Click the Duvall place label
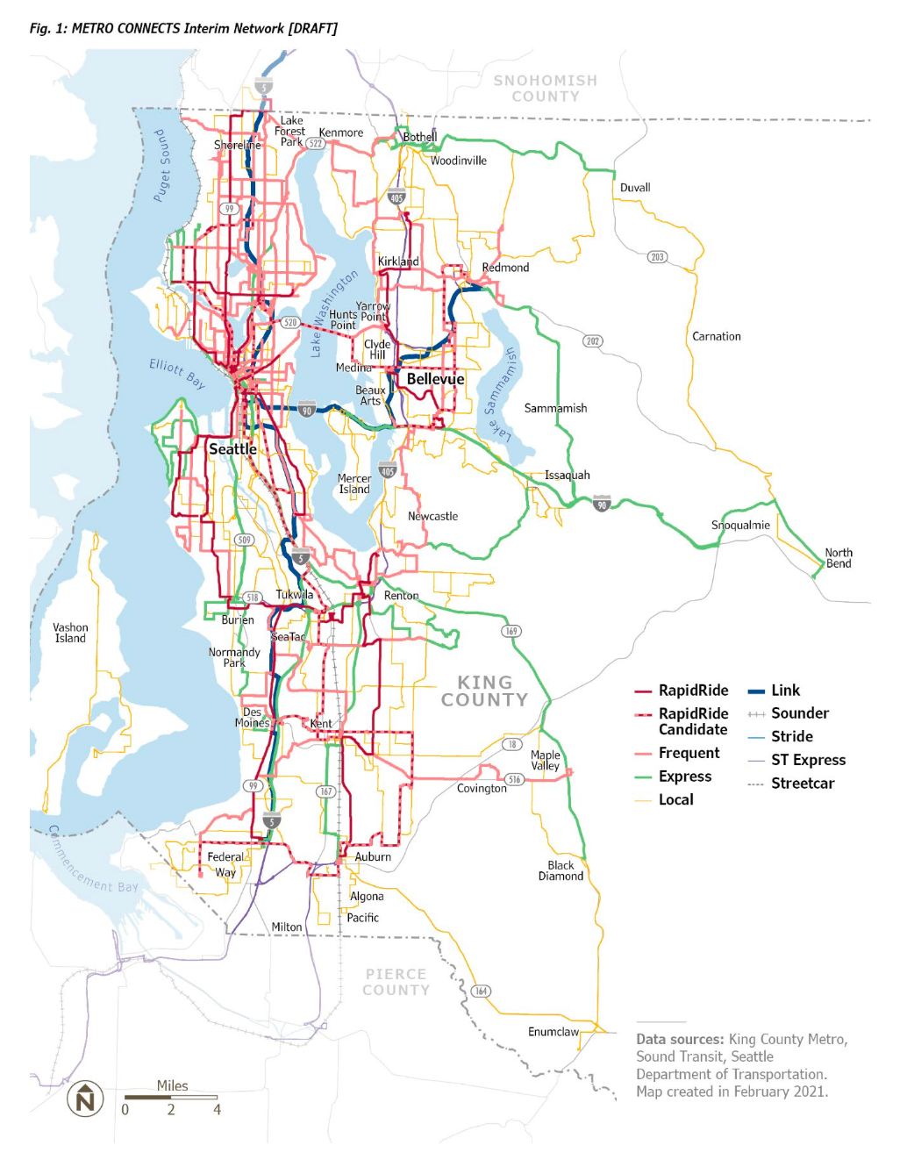tap(635, 188)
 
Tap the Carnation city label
tap(716, 336)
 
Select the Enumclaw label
tap(553, 1032)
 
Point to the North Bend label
tap(839, 558)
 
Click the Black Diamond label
tap(561, 870)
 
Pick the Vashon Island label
tap(70, 633)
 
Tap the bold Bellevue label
tap(435, 379)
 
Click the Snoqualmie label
tap(740, 525)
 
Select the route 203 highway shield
tap(657, 257)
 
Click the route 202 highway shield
tap(593, 340)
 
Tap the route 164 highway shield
tap(481, 991)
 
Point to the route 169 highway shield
tap(511, 631)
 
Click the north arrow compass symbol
tap(85, 1099)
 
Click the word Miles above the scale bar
tap(172, 1085)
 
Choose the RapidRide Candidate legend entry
tap(693, 721)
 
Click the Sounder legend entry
tap(799, 713)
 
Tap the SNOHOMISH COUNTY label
tap(545, 89)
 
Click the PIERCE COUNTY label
tap(396, 982)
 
